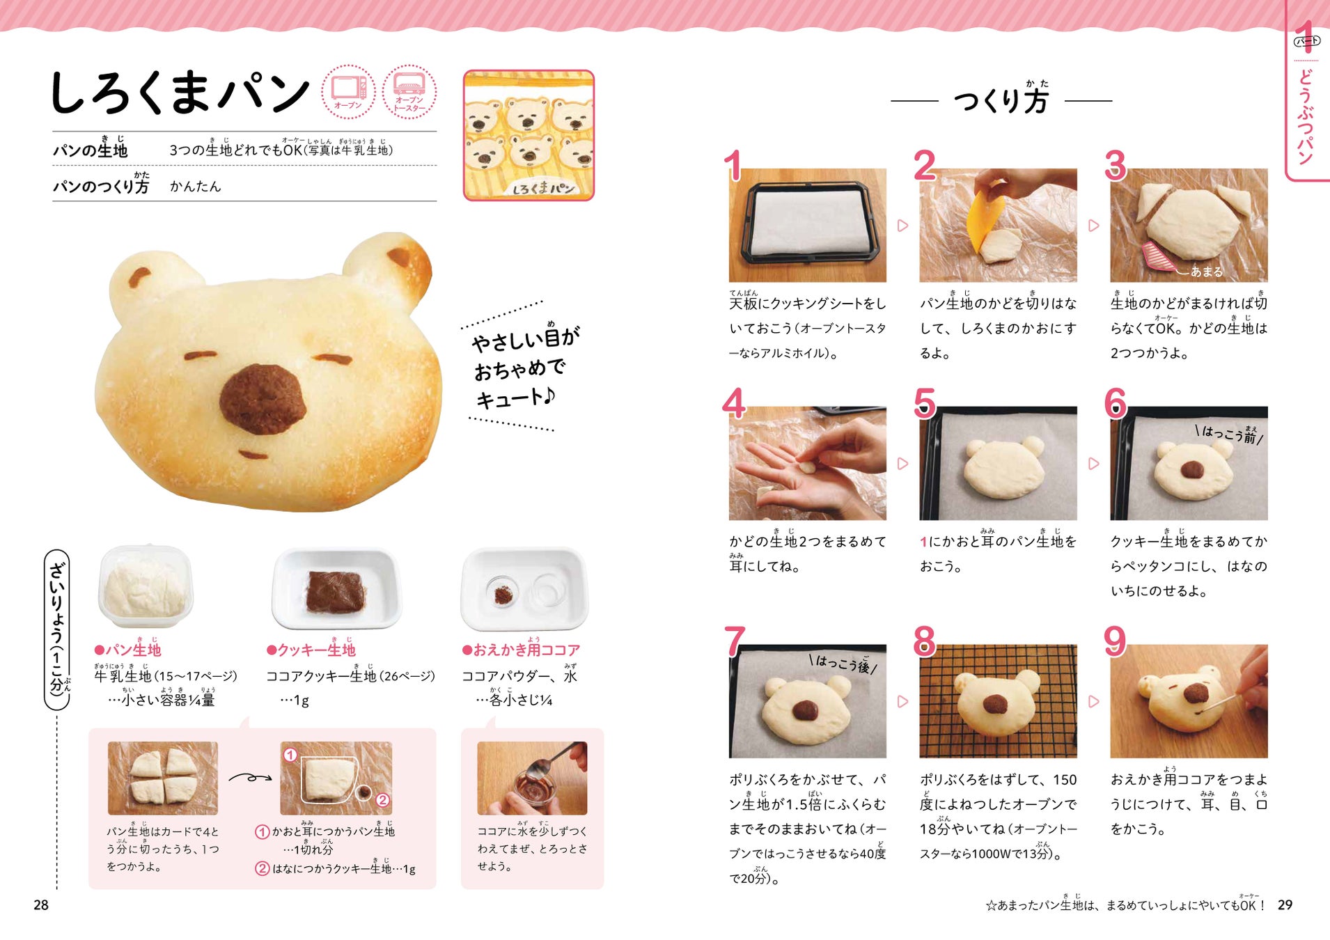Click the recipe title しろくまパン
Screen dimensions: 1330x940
(180, 93)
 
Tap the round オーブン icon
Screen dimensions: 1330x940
(348, 91)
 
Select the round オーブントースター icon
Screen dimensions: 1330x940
(409, 91)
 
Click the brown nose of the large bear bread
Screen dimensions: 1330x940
(263, 400)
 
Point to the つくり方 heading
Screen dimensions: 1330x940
(1001, 99)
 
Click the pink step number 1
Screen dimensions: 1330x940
(733, 166)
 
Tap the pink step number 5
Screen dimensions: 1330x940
(924, 403)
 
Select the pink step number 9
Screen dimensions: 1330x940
(1115, 641)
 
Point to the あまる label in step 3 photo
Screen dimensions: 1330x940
(1206, 272)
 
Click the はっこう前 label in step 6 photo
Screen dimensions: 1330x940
(1229, 434)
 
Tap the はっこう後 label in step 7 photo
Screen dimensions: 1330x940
(843, 663)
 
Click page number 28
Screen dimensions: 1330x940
(41, 904)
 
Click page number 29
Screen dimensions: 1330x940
(1285, 904)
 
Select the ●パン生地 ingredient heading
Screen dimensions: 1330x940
(127, 649)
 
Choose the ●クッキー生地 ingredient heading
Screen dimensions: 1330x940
(311, 649)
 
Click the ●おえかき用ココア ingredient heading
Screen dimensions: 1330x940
(521, 649)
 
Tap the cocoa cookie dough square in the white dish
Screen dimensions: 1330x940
(336, 591)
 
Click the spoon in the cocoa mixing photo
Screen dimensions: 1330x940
(549, 762)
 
